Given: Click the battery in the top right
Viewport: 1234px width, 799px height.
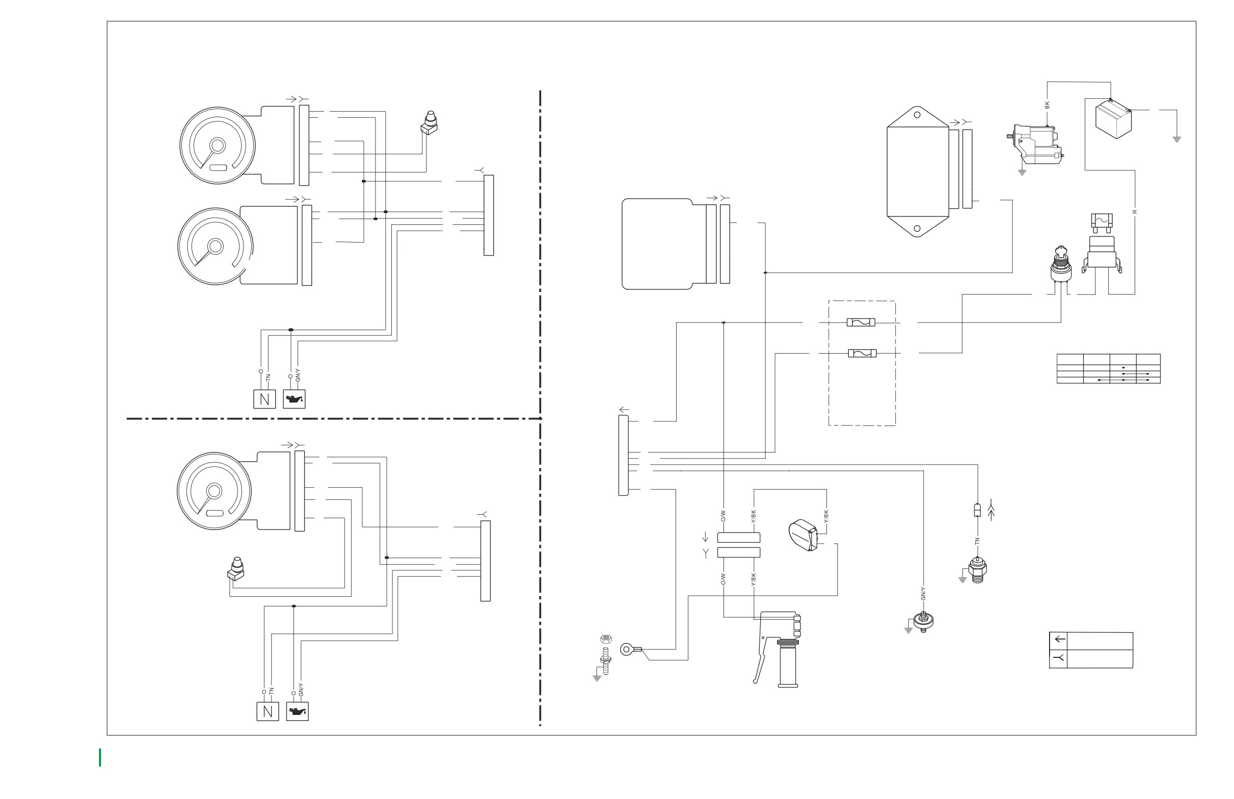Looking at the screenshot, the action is [x=1113, y=119].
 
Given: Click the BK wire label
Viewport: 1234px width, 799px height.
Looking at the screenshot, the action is [x=1047, y=105].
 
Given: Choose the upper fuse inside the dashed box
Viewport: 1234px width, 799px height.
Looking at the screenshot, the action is [x=861, y=323].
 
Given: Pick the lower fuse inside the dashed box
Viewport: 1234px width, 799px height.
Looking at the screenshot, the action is [x=862, y=353].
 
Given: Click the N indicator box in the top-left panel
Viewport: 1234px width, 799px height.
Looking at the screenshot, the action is [x=264, y=398].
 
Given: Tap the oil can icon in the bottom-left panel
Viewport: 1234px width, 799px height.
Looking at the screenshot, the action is [x=297, y=711].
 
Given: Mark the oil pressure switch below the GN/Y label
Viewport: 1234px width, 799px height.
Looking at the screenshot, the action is [x=923, y=620].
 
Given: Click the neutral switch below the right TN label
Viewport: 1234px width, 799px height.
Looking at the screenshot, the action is [x=977, y=569].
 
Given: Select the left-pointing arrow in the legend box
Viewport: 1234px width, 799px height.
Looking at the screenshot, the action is [x=1060, y=639].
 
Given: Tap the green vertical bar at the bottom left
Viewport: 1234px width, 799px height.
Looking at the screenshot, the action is [x=100, y=757].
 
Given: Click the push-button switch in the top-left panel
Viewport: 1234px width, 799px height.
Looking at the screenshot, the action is [x=430, y=123].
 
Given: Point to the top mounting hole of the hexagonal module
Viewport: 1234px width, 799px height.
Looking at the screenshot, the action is [x=917, y=115].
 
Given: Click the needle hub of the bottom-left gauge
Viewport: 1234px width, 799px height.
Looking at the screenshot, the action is [x=214, y=491].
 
